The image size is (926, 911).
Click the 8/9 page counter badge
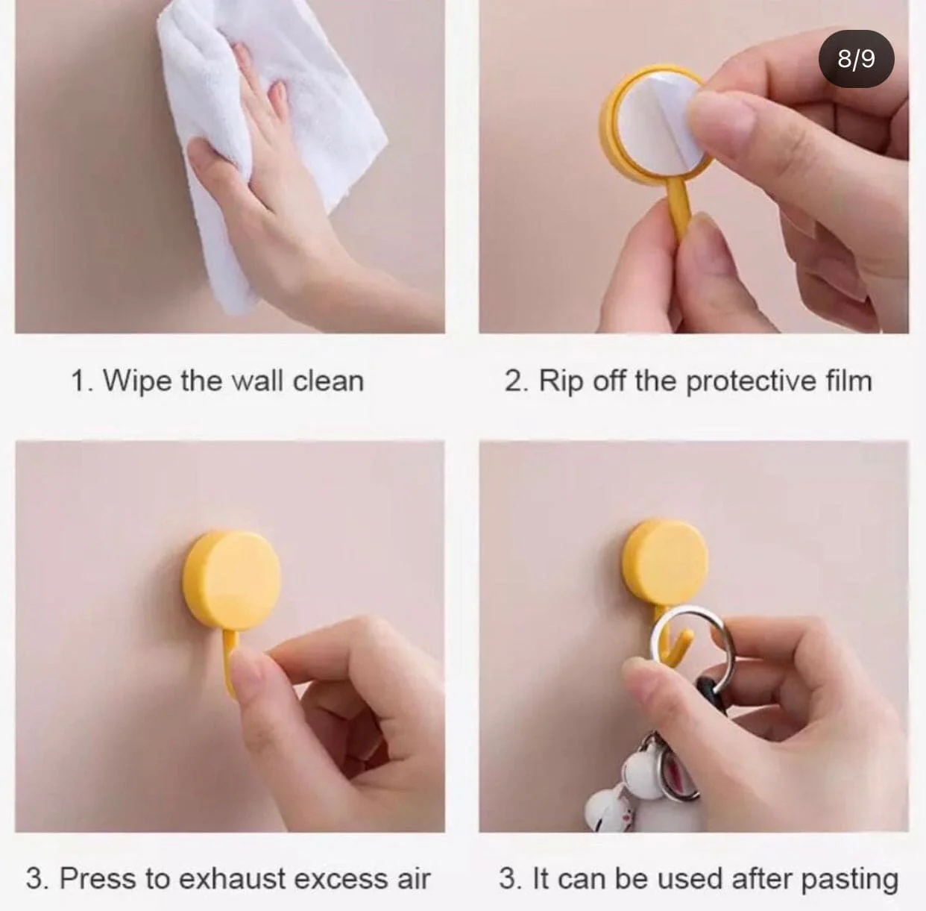click(856, 59)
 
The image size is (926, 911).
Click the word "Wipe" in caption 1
click(137, 381)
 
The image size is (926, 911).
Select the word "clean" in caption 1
click(328, 381)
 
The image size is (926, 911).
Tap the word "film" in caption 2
click(848, 381)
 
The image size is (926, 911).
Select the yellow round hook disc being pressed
click(232, 581)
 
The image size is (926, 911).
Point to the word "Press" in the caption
click(98, 879)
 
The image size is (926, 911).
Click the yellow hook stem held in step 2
click(676, 207)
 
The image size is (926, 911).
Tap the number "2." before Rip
click(517, 382)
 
